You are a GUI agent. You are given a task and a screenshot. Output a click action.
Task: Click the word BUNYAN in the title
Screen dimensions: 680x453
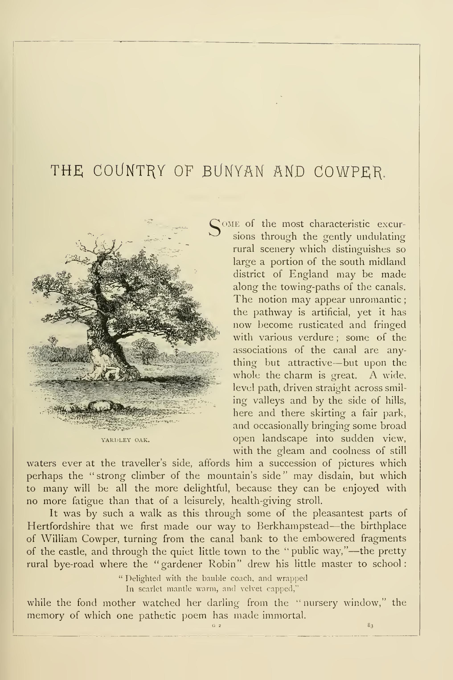click(x=233, y=171)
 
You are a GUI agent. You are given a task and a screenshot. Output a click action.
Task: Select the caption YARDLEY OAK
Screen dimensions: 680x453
click(x=125, y=440)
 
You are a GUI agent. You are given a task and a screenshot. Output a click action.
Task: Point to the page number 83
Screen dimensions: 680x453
click(x=371, y=625)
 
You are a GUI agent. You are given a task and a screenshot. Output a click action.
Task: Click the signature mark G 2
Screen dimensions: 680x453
click(x=217, y=626)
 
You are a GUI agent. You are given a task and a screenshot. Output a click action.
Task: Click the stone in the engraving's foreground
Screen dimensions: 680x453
click(x=100, y=406)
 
